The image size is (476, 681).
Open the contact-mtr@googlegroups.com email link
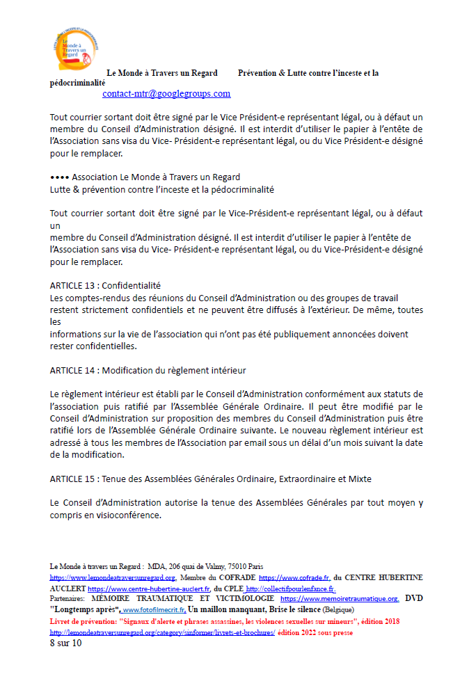[166, 93]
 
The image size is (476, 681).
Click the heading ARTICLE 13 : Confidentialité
[105, 285]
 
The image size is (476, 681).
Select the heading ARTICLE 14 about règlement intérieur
[148, 370]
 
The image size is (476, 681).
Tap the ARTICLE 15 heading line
[210, 479]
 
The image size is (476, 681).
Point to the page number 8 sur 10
[65, 643]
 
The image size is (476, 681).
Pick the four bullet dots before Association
[59, 177]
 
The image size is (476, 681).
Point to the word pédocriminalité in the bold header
[78, 82]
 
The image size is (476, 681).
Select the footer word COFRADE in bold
[237, 578]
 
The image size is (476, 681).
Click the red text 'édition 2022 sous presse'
[315, 633]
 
